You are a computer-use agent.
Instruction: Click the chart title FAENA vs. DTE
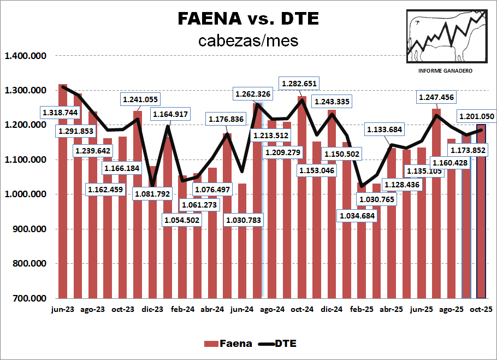[248, 19]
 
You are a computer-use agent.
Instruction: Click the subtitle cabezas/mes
[248, 40]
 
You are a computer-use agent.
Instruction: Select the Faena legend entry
[228, 344]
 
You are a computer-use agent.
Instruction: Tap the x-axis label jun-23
[63, 309]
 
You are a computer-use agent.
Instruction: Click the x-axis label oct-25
[481, 309]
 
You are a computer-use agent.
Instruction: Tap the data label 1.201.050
[476, 116]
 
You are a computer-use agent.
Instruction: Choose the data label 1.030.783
[244, 220]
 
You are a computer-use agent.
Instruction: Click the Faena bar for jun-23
[63, 219]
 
